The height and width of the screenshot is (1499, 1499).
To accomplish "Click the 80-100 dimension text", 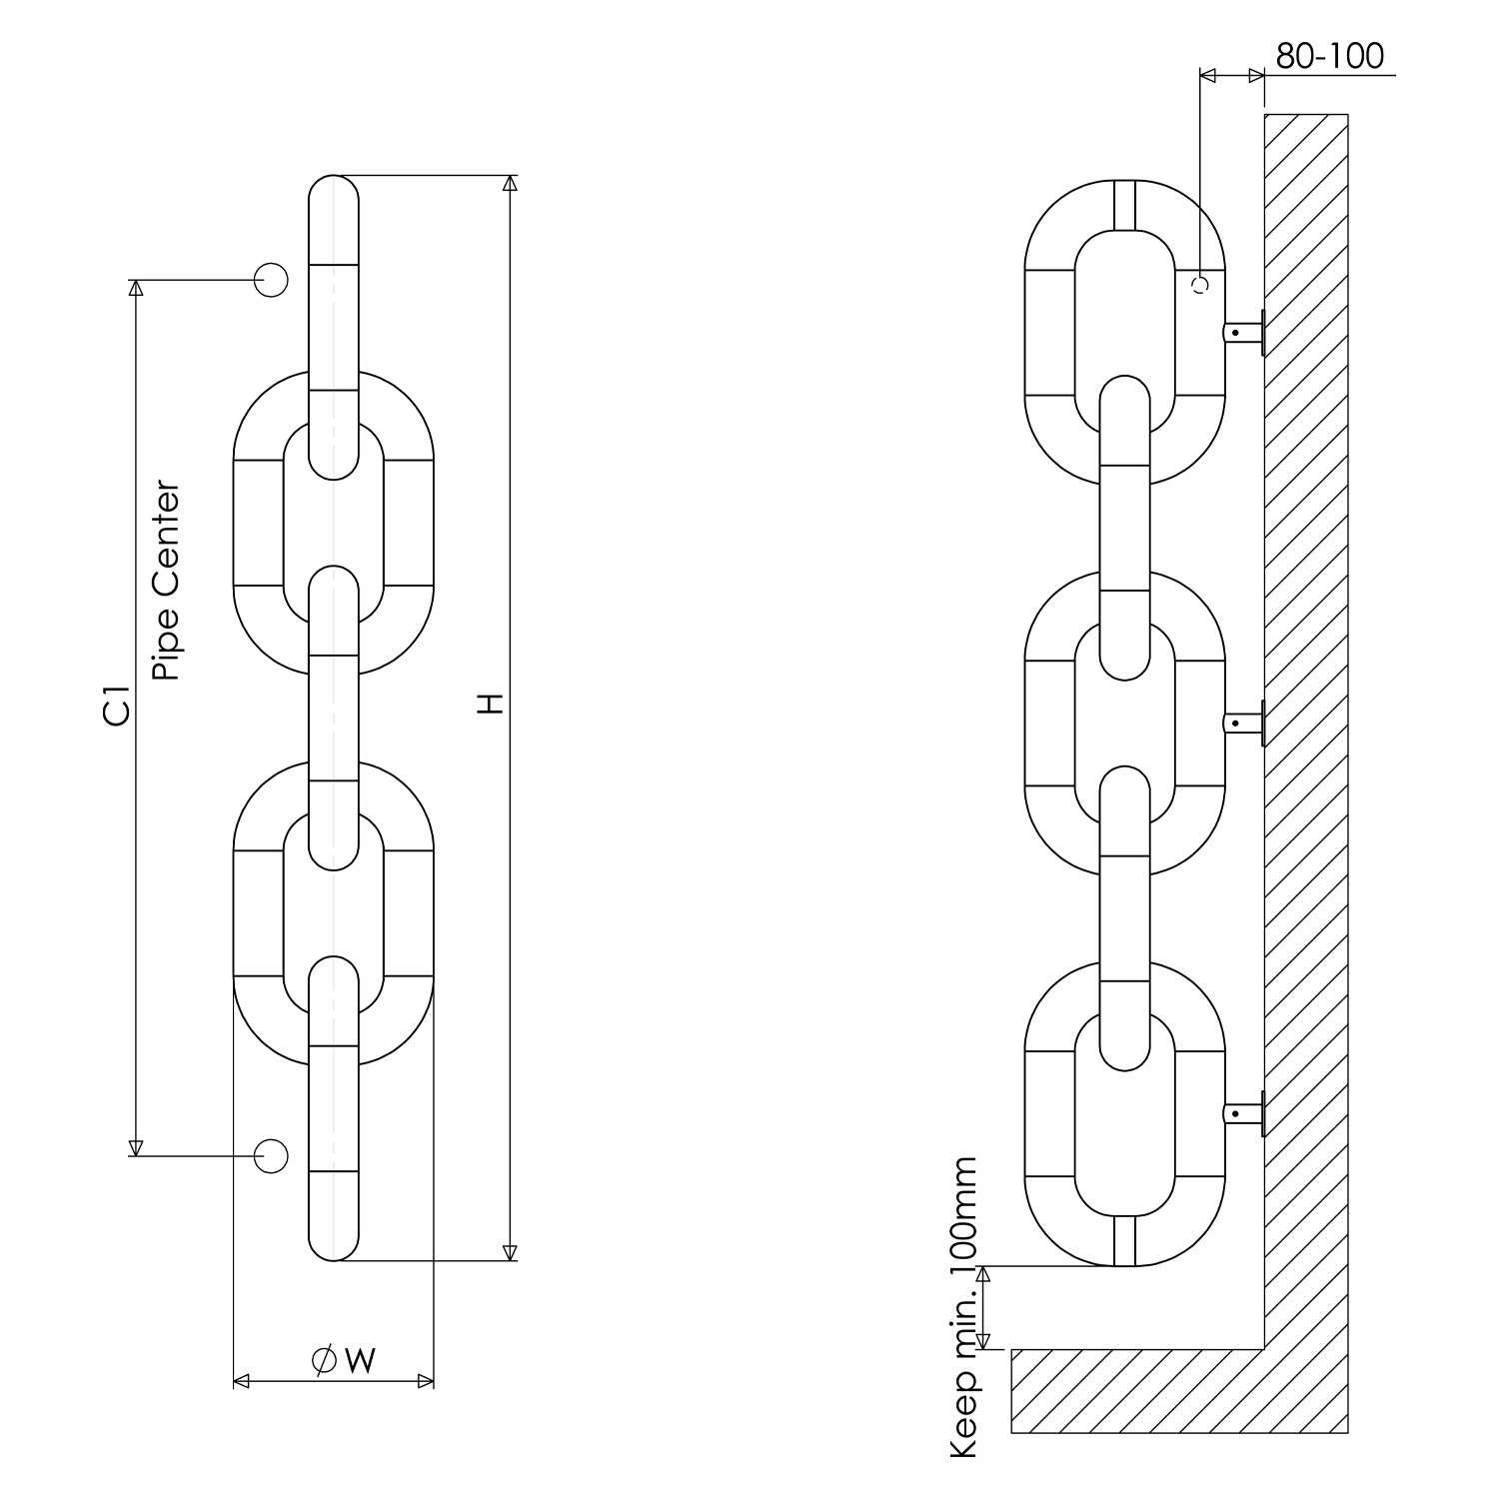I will [x=1329, y=56].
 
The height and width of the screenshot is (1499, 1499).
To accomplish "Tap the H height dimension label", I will [x=489, y=703].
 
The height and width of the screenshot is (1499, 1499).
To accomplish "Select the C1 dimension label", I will [x=117, y=705].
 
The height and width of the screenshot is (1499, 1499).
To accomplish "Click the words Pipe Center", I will [x=167, y=582].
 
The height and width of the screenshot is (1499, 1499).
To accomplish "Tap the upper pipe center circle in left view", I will [x=271, y=280].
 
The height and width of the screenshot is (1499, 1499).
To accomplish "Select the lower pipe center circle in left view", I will [x=271, y=1155].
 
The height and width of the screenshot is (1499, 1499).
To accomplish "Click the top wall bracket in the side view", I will [x=1245, y=332].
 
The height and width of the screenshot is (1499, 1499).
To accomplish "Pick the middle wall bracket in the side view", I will [x=1245, y=723].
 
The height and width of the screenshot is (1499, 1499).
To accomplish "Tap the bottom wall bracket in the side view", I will [x=1245, y=1112].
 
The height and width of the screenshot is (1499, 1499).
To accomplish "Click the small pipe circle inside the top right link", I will [x=1201, y=284].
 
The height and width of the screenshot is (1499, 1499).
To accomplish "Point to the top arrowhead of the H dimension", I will [x=510, y=183].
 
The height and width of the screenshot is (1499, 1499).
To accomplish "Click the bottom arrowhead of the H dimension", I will [x=510, y=1252].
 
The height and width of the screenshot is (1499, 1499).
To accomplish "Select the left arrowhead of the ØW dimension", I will [x=241, y=1382].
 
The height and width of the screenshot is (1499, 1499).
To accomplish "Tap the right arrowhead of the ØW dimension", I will [x=426, y=1382].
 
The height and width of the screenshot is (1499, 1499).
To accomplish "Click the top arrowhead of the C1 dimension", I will [x=136, y=288].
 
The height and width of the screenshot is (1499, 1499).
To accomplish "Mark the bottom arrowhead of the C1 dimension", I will [x=136, y=1147].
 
